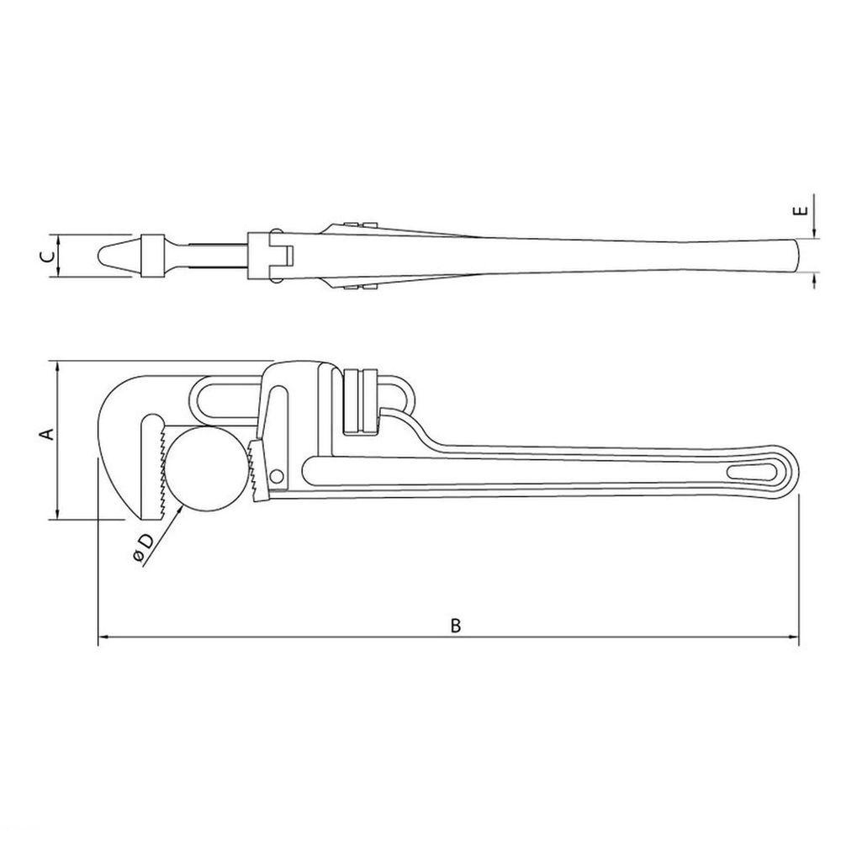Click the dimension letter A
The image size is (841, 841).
coord(48,434)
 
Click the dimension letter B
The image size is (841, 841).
coord(455,625)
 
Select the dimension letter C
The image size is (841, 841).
coord(48,257)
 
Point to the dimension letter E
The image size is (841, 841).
coord(800,211)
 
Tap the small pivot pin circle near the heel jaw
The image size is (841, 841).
coord(278,476)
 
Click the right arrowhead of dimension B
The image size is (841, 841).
coord(794,637)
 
